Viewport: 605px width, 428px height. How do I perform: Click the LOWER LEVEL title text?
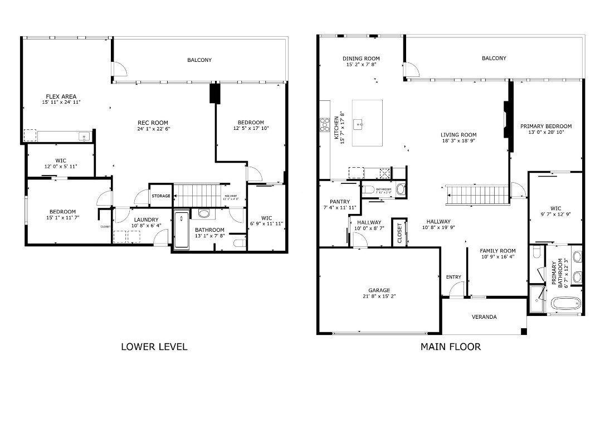tap(154, 347)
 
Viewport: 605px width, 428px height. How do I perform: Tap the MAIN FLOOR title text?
tap(450, 347)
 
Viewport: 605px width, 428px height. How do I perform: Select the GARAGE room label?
tap(379, 290)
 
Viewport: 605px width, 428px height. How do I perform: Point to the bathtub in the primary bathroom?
tap(567, 304)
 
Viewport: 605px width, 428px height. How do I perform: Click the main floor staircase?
tap(479, 195)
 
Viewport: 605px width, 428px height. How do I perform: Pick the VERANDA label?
tap(484, 317)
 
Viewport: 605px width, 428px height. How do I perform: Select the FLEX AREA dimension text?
tap(61, 103)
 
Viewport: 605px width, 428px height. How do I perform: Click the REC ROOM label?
tap(153, 123)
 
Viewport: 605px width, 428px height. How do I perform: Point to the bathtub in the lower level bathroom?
tap(182, 230)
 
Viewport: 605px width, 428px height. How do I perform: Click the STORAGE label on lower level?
tap(161, 196)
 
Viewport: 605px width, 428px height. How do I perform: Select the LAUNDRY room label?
tap(146, 219)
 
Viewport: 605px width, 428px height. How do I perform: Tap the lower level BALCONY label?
tap(199, 60)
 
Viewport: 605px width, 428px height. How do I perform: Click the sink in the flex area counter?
tap(84, 135)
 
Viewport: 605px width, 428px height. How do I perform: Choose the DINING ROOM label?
tap(361, 59)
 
